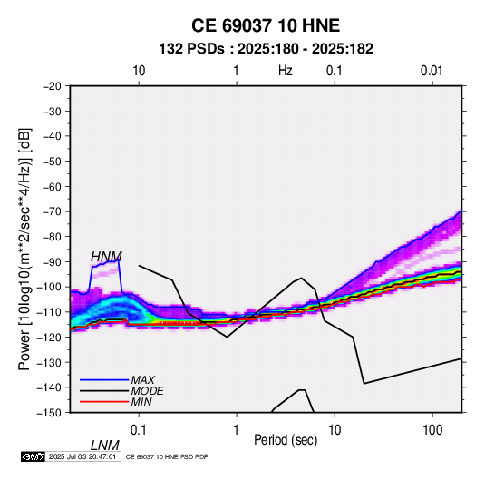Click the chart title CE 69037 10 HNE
tap(266, 25)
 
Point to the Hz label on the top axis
tap(286, 71)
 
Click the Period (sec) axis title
tap(286, 440)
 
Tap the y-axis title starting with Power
tap(24, 249)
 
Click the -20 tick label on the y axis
tap(52, 86)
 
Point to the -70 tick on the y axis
tap(52, 211)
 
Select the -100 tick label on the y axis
tap(49, 287)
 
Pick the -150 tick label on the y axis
tap(49, 413)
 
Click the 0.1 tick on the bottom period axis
tap(139, 430)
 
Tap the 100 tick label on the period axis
tap(432, 430)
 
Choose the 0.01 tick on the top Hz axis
tap(432, 71)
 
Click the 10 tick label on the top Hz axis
tap(139, 71)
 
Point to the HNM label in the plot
tap(106, 257)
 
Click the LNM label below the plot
tap(105, 446)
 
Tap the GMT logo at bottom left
tap(33, 456)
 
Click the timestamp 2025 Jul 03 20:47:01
tap(82, 456)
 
